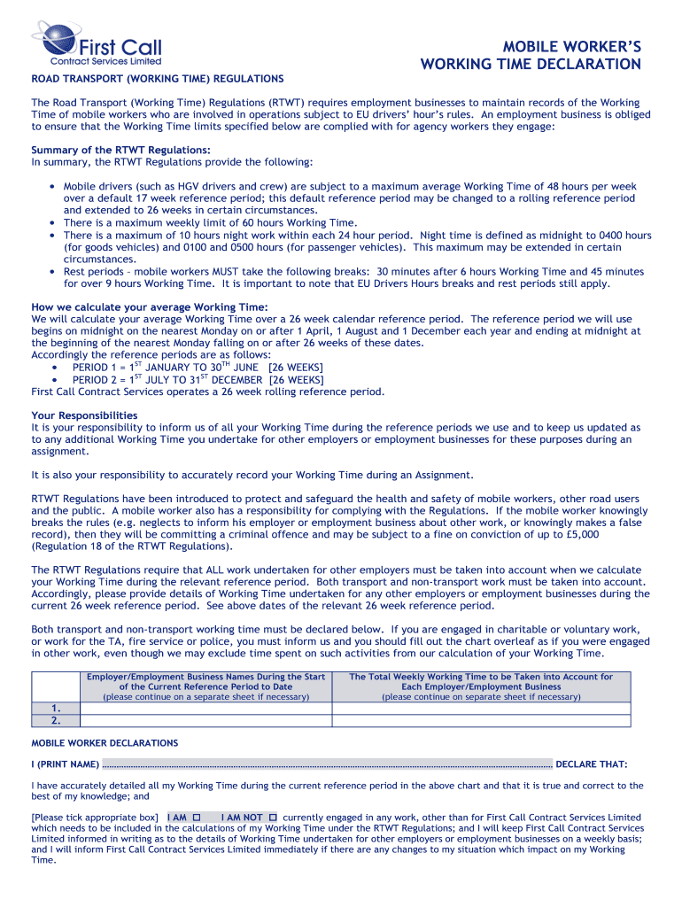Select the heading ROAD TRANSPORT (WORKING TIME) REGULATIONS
pyautogui.click(x=158, y=79)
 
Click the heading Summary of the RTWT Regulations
pyautogui.click(x=120, y=150)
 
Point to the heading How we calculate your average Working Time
pyautogui.click(x=149, y=307)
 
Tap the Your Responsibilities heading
pyautogui.click(x=84, y=415)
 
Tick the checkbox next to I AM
pyautogui.click(x=197, y=818)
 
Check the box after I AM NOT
pyautogui.click(x=274, y=818)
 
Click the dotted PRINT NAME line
pyautogui.click(x=328, y=764)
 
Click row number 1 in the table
pyautogui.click(x=56, y=709)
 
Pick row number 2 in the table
pyautogui.click(x=56, y=720)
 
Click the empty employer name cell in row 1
pyautogui.click(x=205, y=709)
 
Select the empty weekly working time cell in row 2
pyautogui.click(x=481, y=720)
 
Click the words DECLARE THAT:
pyautogui.click(x=592, y=764)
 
